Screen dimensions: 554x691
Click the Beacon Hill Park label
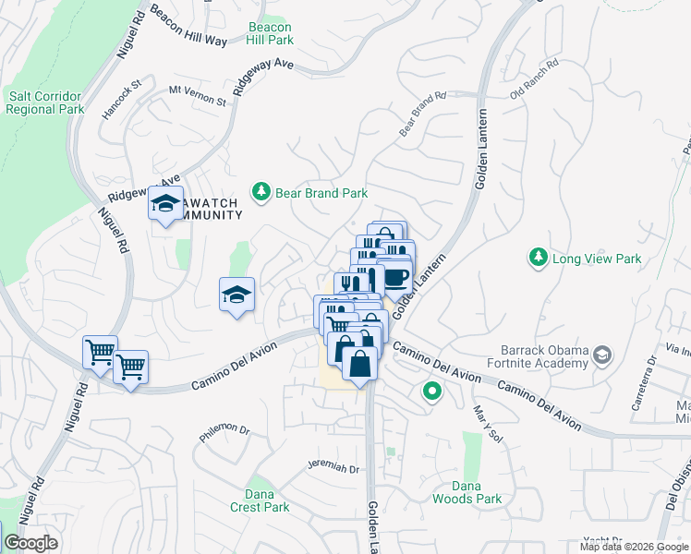[271, 34]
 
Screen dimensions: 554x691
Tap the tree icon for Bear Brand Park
[262, 191]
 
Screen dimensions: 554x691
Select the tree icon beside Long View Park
[539, 259]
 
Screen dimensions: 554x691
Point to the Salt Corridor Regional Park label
[44, 102]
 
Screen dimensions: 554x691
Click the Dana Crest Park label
[260, 500]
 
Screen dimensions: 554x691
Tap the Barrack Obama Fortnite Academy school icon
[602, 355]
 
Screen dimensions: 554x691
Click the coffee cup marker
[394, 276]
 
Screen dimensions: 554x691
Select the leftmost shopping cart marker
[100, 351]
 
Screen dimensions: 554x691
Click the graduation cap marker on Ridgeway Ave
[165, 204]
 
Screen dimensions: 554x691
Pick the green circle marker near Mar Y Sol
[431, 391]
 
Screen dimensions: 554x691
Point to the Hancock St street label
[121, 98]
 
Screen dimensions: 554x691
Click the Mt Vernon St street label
[197, 95]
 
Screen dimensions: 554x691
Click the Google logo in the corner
[31, 543]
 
